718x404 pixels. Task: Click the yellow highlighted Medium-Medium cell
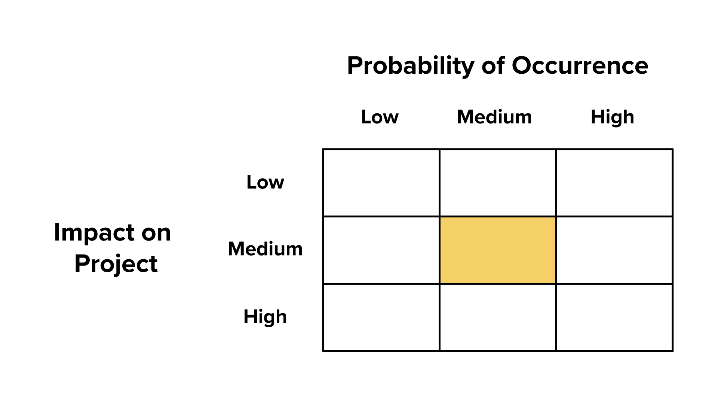498,250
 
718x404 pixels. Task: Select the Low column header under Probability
380,117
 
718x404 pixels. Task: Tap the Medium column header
494,117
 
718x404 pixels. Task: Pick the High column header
612,117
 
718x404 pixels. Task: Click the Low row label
265,182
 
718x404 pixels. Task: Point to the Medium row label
265,249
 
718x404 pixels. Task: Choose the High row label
265,317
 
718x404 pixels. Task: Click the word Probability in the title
411,66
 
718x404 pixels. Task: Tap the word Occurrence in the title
580,66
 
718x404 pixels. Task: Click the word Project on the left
116,264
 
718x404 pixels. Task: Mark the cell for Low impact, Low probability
381,183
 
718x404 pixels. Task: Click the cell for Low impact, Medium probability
498,183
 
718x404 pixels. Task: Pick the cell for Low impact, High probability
614,183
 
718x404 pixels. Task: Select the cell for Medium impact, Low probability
381,250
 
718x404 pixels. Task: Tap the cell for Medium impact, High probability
614,250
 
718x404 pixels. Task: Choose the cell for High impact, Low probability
381,318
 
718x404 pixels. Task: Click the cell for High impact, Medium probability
498,318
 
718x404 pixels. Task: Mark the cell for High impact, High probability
614,318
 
